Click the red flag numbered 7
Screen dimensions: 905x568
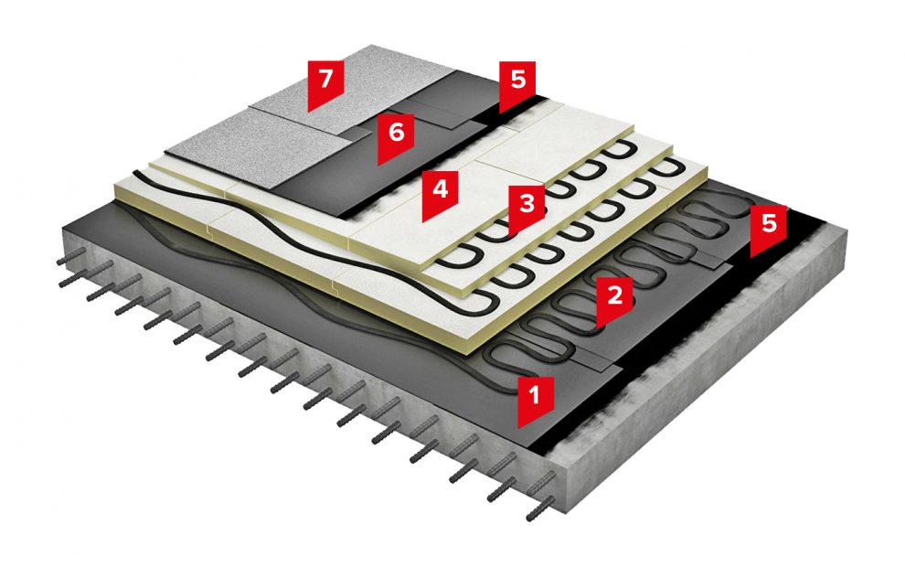point(326,85)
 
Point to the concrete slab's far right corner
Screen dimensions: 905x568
point(847,230)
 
